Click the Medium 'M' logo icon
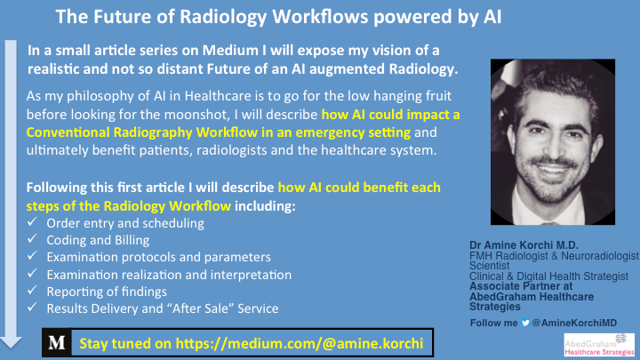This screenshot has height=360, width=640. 57,342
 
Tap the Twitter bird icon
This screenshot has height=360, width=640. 525,323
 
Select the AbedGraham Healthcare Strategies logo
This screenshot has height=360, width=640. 599,345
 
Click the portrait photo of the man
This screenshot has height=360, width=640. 553,142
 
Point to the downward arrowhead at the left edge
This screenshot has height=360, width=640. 11,342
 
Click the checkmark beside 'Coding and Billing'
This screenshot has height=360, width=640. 32,239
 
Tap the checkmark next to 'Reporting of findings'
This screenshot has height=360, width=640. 32,290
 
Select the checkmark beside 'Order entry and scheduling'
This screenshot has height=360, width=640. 32,221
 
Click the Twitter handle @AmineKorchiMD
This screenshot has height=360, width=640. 574,323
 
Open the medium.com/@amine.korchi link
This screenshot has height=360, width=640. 300,344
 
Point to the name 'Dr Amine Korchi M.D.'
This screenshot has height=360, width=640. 524,245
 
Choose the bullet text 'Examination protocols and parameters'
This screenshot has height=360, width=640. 159,257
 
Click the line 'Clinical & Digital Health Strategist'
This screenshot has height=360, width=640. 548,276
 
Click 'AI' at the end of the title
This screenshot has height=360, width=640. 492,18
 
